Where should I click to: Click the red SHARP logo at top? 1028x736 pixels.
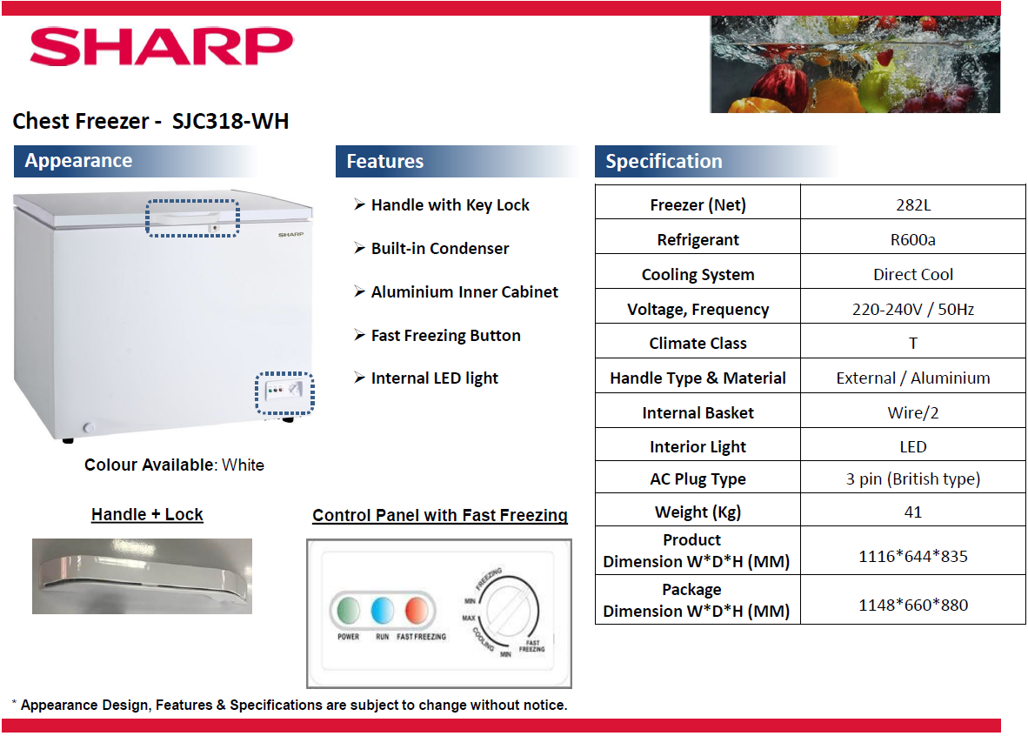click(162, 47)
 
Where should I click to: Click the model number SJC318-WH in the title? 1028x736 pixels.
click(230, 121)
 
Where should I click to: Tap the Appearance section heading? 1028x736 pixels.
click(78, 161)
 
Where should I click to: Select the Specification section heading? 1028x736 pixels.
click(664, 161)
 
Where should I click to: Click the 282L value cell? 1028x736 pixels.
click(912, 205)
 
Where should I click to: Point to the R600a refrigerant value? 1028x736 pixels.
click(912, 240)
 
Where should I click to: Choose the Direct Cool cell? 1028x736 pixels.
click(912, 274)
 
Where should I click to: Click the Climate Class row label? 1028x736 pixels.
click(698, 343)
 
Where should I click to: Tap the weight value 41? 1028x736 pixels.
click(912, 512)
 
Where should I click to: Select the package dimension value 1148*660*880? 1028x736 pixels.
click(912, 605)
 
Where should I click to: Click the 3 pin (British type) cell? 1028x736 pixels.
click(912, 479)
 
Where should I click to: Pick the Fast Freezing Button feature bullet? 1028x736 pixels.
click(445, 336)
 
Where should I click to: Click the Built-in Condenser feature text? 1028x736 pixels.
click(439, 249)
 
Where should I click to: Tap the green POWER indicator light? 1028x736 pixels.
click(349, 611)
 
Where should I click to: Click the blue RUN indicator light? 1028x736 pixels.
click(383, 611)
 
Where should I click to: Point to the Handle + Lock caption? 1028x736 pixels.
click(147, 515)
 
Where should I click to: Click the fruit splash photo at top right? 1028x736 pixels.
click(854, 64)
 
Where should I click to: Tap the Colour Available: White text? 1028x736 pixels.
click(174, 465)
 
